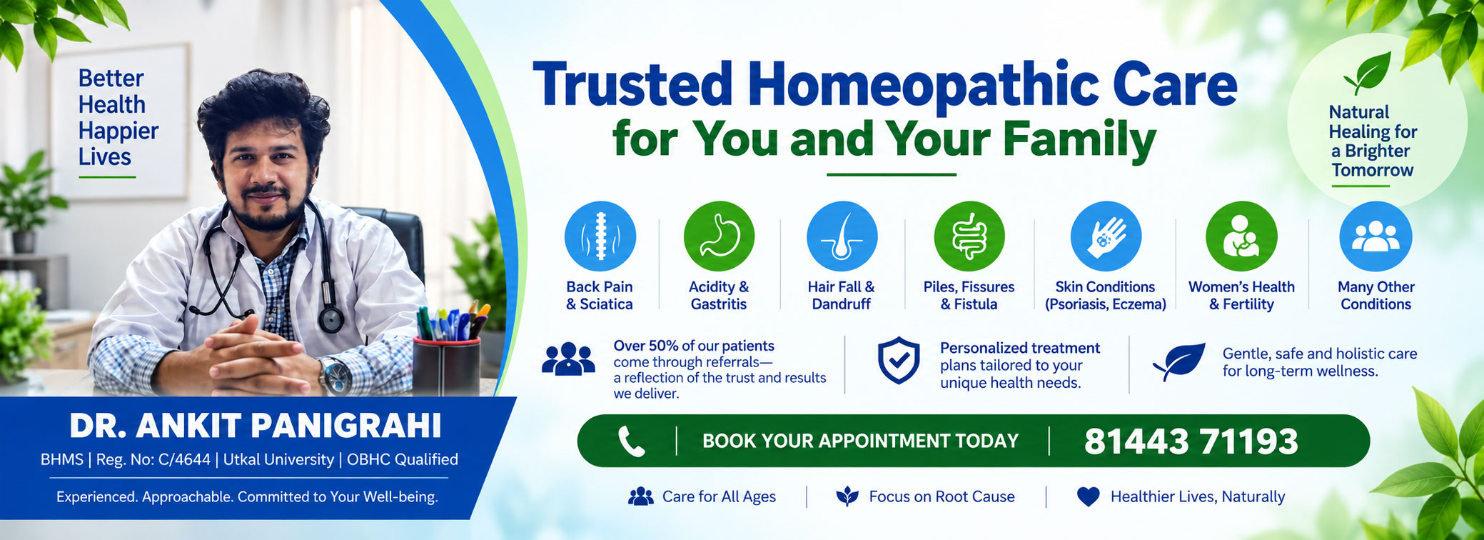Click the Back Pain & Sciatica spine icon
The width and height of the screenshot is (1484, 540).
tap(600, 236)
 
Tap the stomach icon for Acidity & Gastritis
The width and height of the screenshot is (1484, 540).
tap(719, 236)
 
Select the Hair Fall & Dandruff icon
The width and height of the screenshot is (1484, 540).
tap(842, 236)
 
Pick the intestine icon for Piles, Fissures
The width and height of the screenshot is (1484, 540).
tap(969, 236)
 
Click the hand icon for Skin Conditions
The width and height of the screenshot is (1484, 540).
tap(1106, 236)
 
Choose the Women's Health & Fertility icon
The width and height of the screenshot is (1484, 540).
tap(1241, 236)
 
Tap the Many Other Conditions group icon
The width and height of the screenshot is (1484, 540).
tap(1376, 236)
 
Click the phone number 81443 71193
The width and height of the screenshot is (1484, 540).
tap(1191, 441)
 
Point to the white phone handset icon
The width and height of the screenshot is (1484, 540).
tap(631, 441)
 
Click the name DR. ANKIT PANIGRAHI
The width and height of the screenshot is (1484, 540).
tap(256, 426)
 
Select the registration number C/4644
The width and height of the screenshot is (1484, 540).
tap(184, 459)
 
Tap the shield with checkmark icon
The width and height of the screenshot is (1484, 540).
tap(898, 361)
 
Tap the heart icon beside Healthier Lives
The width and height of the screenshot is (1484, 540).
tap(1088, 496)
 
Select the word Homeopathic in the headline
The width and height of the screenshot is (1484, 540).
tap(923, 85)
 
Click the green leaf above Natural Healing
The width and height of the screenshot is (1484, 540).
tap(1368, 72)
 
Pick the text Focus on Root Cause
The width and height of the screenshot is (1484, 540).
tap(942, 496)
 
